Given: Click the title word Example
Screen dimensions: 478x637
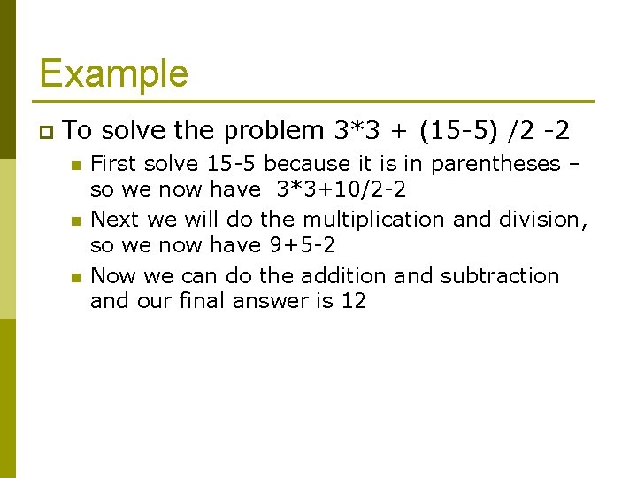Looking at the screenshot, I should (113, 73).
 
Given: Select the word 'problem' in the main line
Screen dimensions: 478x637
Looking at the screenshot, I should (274, 131).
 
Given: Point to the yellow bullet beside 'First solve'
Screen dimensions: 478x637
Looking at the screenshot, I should (76, 165).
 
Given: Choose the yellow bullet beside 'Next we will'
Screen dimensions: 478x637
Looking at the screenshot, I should (76, 220).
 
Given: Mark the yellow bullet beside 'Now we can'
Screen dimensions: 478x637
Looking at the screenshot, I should (76, 276).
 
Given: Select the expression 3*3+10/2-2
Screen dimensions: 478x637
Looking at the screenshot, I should (342, 189).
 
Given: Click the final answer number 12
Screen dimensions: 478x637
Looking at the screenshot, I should (353, 301).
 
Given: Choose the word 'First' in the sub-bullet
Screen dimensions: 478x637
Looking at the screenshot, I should (114, 164).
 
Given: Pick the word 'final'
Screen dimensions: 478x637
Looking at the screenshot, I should (203, 301).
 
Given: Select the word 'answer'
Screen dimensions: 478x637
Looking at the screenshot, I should (272, 301).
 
